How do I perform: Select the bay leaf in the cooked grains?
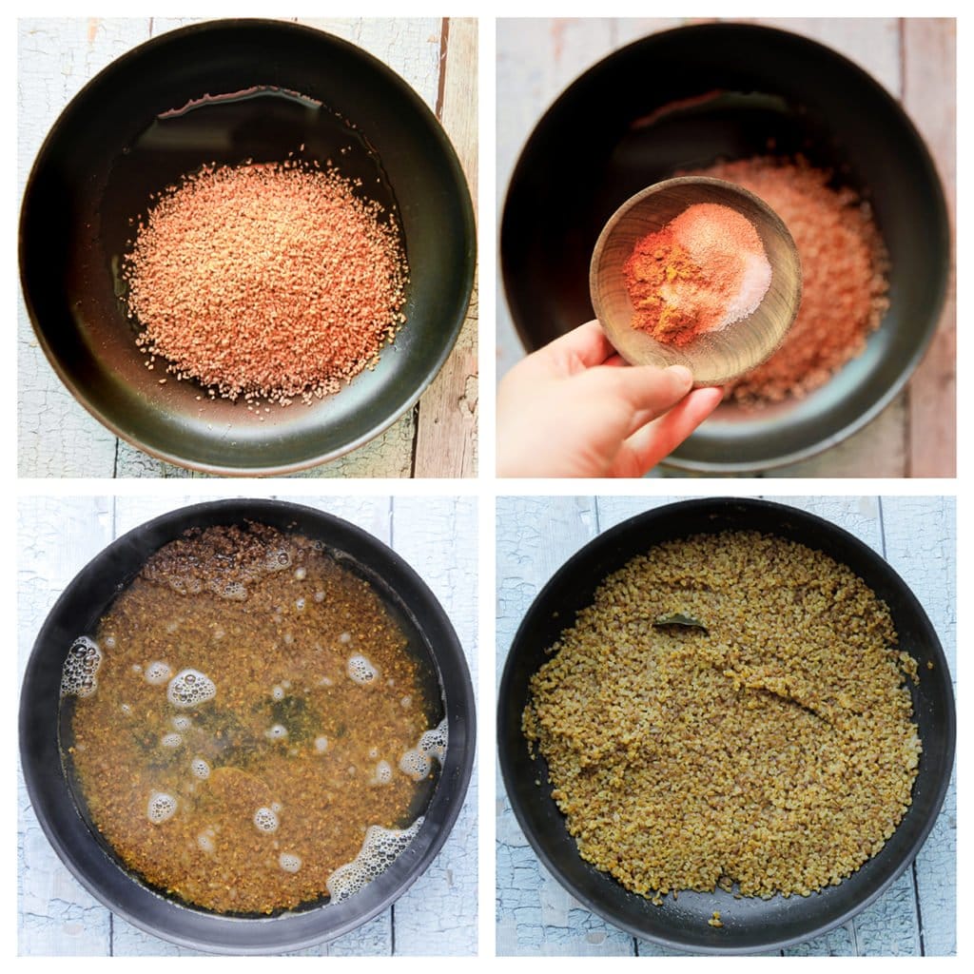[679, 623]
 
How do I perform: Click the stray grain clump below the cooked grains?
[714, 919]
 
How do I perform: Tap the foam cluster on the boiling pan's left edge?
[82, 666]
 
